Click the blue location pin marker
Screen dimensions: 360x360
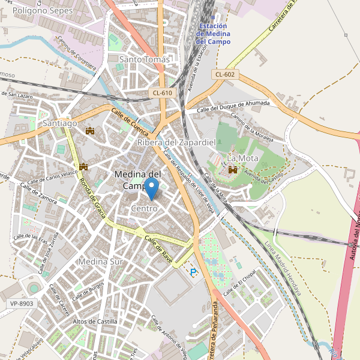tap(152, 188)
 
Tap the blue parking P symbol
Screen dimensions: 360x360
tap(193, 272)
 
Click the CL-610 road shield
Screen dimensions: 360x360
tap(162, 92)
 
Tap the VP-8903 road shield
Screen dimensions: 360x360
tap(22, 304)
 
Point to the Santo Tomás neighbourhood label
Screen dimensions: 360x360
tap(145, 59)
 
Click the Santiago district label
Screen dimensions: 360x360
tap(60, 123)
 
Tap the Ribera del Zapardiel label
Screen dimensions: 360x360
tap(176, 142)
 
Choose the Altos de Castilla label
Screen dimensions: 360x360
tap(95, 322)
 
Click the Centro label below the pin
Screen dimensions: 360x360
tap(144, 208)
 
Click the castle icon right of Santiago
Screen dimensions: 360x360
tap(91, 131)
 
